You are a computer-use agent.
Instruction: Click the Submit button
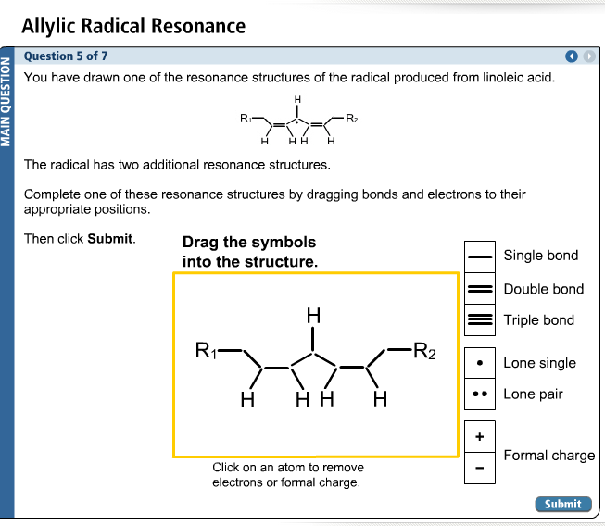tap(562, 504)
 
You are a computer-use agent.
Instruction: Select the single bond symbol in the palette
tap(479, 256)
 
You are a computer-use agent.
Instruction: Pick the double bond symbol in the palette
tap(479, 288)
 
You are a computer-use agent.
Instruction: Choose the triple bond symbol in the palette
tap(479, 319)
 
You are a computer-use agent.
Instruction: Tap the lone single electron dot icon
tap(479, 363)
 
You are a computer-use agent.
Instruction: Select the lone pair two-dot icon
tap(479, 394)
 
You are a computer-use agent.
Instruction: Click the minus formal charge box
tap(479, 468)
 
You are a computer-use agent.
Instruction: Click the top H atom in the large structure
tap(313, 316)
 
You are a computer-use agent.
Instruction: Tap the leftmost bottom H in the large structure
tap(246, 401)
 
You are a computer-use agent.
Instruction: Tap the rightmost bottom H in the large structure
tap(379, 401)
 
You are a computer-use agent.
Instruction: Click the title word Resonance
tap(197, 25)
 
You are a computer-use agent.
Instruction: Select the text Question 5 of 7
tap(66, 56)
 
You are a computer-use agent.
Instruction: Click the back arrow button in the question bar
tap(573, 56)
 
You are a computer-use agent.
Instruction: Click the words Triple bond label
tap(538, 320)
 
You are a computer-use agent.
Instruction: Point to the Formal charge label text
tap(548, 456)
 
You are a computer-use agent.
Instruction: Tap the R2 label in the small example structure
tap(351, 119)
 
